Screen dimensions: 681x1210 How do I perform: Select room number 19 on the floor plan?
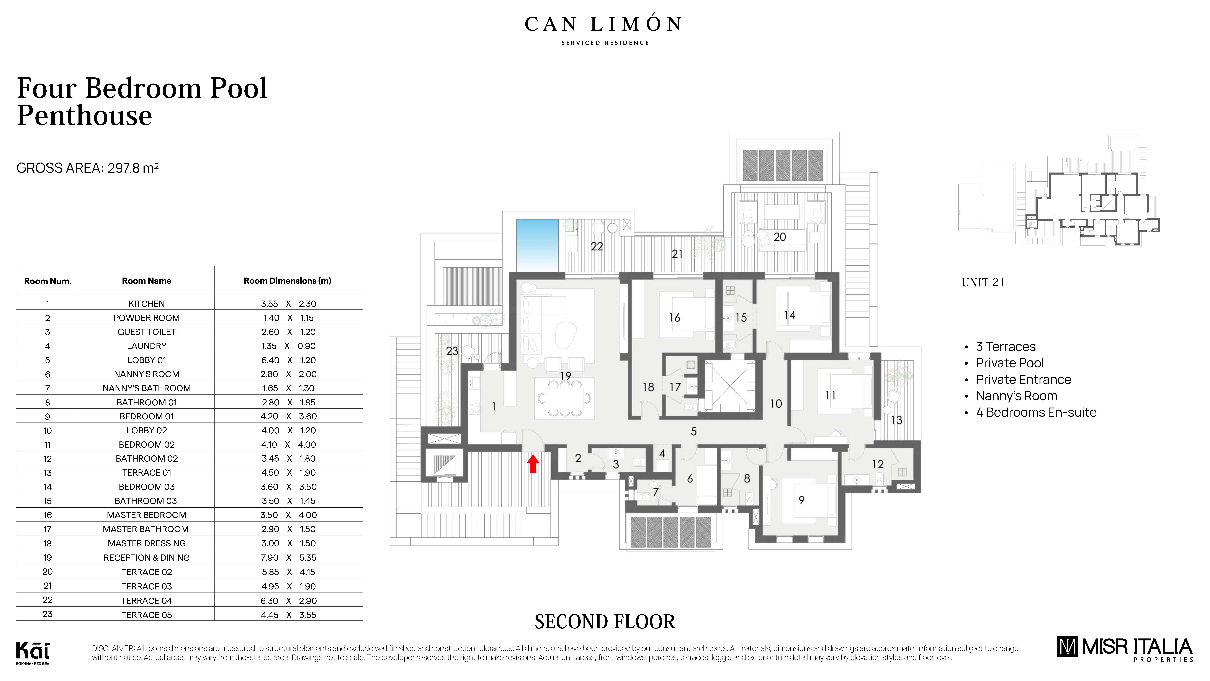click(x=566, y=376)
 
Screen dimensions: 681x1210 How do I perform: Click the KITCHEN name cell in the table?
click(x=147, y=304)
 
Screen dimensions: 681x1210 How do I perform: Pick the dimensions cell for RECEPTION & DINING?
click(x=288, y=557)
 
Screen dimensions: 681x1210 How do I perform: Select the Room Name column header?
click(x=147, y=281)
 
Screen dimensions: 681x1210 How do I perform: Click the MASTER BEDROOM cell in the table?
click(x=147, y=515)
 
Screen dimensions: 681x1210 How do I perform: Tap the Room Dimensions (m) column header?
click(x=288, y=281)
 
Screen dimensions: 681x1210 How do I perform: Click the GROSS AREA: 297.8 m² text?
click(x=87, y=168)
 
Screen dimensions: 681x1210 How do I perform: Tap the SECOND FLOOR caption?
click(x=605, y=622)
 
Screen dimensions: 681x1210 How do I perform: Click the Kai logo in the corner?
click(x=32, y=652)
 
